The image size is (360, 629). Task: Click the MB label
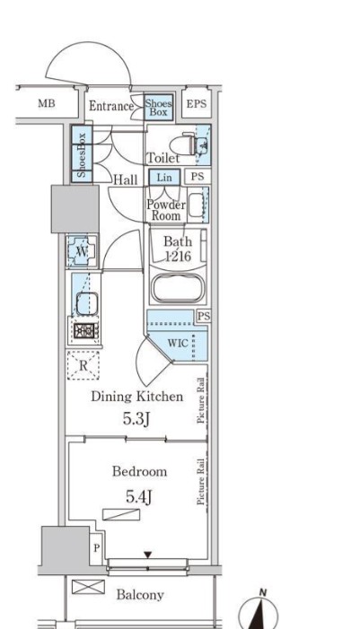pos(47,103)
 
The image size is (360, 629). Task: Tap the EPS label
pos(197,103)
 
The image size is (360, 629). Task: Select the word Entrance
pos(111,106)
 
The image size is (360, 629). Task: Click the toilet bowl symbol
pos(183,144)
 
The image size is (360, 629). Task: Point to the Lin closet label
pos(164,178)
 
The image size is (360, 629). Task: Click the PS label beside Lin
pos(198,177)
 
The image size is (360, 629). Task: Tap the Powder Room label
pos(166,210)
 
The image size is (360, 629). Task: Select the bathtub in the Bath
pos(177,288)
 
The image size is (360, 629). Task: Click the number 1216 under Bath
pos(178,256)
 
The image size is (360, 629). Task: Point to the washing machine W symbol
pos(82,251)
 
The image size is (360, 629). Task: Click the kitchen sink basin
pos(87,303)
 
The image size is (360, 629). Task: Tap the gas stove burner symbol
pos(84,330)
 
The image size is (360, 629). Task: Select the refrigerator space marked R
pos(83,365)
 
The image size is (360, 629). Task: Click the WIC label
pos(178,344)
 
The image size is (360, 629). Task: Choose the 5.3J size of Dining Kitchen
pos(136,419)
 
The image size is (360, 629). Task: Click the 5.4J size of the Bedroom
pos(139,496)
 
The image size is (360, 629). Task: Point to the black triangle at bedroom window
pos(148,555)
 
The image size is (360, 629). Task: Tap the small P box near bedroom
pos(96,548)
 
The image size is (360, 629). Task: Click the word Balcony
pos(140,595)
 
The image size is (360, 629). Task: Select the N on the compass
pos(263,592)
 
